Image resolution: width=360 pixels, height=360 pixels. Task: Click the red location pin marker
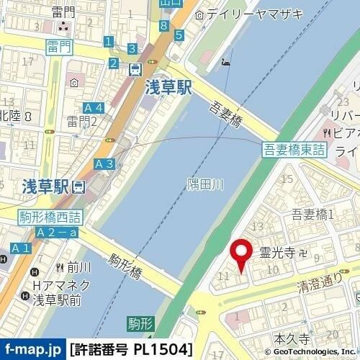(241, 253)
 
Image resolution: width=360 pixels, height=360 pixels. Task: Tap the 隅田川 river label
(205, 185)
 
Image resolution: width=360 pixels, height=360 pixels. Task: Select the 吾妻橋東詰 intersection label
(294, 149)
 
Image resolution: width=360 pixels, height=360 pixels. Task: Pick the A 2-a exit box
(58, 232)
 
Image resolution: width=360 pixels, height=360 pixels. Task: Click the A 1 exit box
(20, 248)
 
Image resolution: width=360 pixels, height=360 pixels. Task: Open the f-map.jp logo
(33, 350)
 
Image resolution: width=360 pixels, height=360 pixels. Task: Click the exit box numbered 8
(165, 27)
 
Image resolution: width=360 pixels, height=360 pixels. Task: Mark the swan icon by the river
(228, 62)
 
